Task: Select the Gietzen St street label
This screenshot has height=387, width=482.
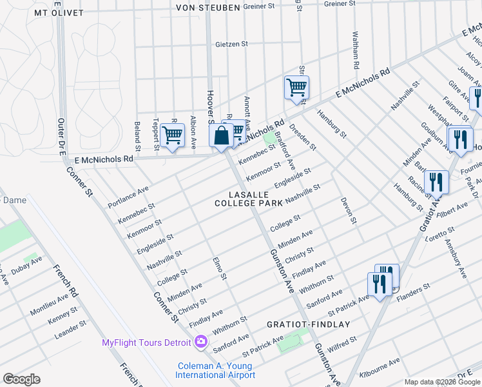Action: [x=231, y=45]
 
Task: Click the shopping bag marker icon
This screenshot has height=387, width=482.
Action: [x=221, y=136]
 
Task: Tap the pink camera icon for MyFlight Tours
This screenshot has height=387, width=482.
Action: [x=201, y=341]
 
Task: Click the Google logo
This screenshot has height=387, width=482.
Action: [x=22, y=379]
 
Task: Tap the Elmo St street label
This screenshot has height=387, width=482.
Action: [x=220, y=268]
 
